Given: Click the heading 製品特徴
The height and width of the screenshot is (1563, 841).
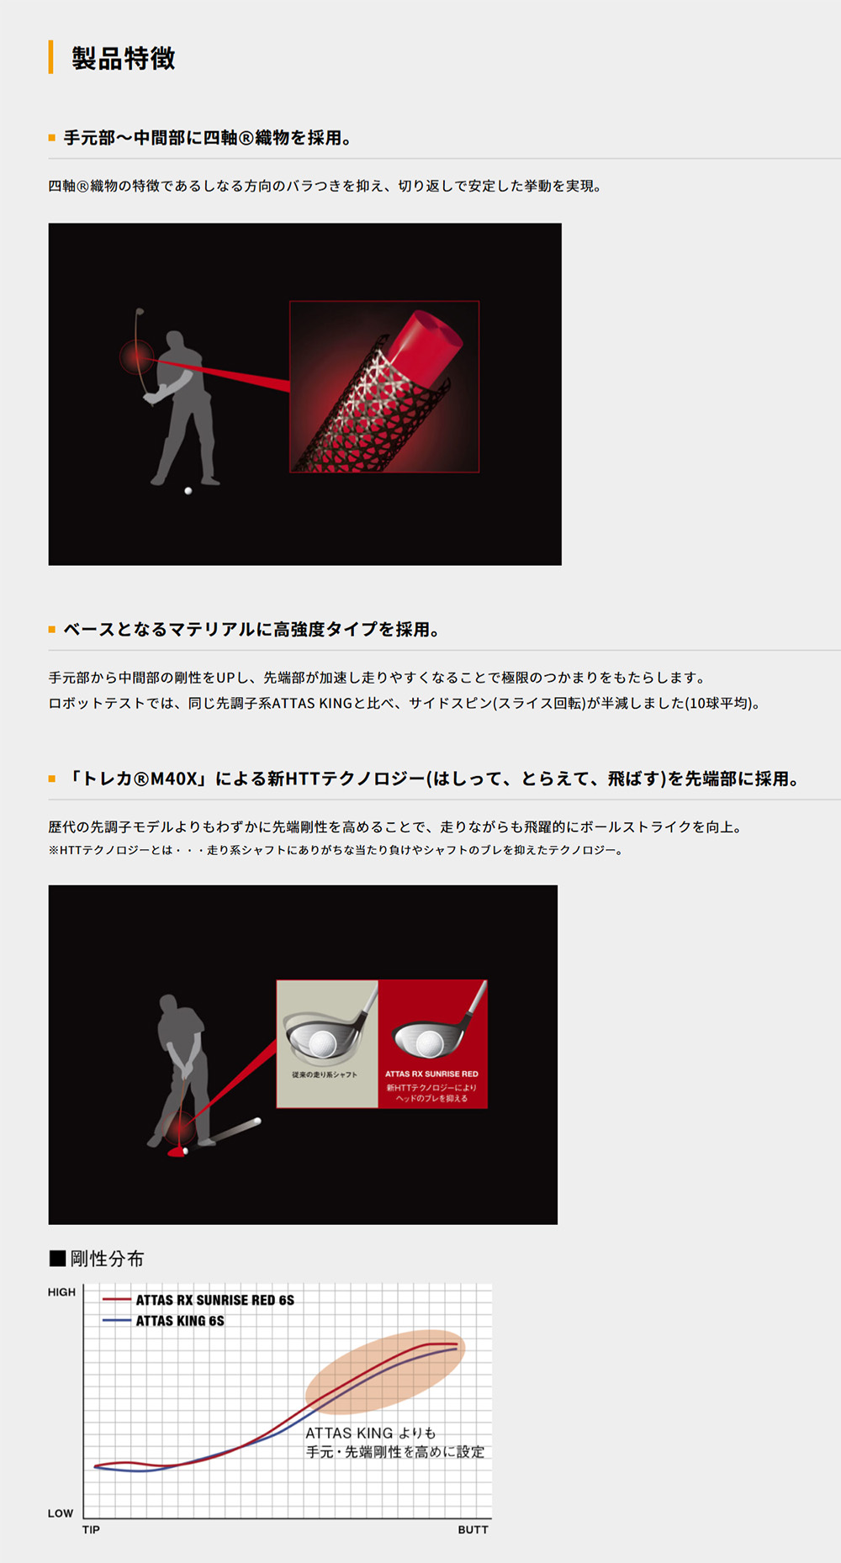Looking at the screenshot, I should click(x=123, y=58).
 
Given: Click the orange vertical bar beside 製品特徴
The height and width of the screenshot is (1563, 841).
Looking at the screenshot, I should click(x=50, y=57).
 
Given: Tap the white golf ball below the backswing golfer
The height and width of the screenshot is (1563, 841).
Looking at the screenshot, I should click(x=188, y=490).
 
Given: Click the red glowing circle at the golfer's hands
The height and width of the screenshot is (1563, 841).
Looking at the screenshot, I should click(x=136, y=356).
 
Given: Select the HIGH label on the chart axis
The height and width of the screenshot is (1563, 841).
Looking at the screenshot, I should click(x=61, y=1292).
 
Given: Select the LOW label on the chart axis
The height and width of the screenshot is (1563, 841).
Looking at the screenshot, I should click(x=61, y=1513).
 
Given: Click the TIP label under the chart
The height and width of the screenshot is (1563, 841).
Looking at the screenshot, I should click(x=91, y=1529).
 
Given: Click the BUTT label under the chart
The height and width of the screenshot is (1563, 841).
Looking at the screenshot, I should click(x=473, y=1529).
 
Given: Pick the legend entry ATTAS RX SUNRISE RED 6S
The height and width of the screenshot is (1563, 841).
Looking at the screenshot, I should click(x=214, y=1300).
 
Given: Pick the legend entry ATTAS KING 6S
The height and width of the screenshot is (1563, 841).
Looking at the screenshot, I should click(x=180, y=1321).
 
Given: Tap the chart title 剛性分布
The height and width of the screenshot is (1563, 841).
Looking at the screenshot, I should click(x=107, y=1259).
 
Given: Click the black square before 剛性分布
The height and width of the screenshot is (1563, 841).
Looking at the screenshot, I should click(x=57, y=1259).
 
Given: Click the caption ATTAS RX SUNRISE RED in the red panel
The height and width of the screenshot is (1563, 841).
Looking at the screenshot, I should click(x=431, y=1074).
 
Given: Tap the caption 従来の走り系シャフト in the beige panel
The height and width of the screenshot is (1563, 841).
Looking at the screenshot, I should click(x=325, y=1075).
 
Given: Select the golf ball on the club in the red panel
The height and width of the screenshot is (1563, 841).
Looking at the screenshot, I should click(x=429, y=1043).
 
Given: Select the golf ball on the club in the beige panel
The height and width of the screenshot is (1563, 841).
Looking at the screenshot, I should click(x=322, y=1043).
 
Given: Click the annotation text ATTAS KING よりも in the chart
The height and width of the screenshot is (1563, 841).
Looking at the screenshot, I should click(x=370, y=1433).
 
